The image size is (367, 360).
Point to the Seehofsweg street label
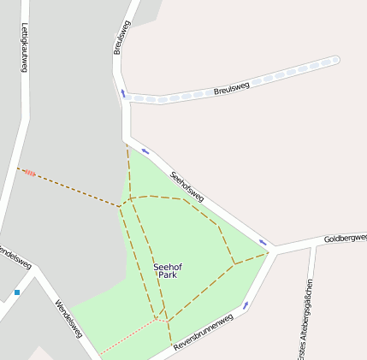coord(186,187)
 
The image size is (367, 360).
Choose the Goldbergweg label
coord(345,238)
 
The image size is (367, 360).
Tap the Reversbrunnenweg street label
coord(203,334)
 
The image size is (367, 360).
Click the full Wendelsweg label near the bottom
coord(68,318)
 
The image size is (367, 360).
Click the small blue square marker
coord(16,292)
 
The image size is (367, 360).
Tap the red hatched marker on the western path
coord(29,172)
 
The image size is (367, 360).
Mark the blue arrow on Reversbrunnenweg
coord(246,304)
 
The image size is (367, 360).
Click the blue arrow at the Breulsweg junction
coord(123,93)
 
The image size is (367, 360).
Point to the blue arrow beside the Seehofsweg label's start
coord(145,150)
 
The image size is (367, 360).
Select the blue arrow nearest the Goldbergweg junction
coord(263,243)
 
